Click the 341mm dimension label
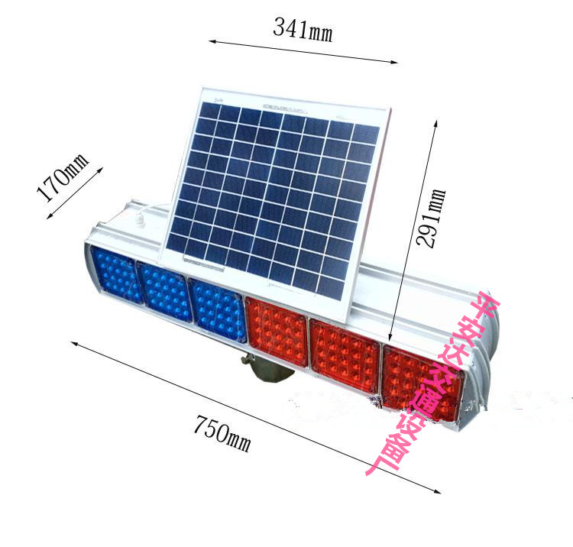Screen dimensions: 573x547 [x=303, y=29]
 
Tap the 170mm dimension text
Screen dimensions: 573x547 [x=63, y=177]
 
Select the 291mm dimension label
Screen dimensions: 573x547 [x=431, y=218]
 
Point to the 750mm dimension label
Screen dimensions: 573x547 [x=222, y=434]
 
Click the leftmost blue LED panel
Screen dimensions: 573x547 [x=116, y=275]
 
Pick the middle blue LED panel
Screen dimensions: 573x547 [x=164, y=291]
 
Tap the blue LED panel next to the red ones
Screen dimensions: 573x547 [x=219, y=310]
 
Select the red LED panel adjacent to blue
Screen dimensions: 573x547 [x=277, y=332]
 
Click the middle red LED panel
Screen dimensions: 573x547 [x=345, y=355]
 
